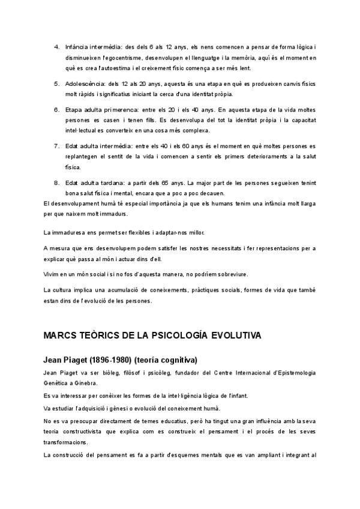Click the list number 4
click(x=56, y=46)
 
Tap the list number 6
click(x=56, y=110)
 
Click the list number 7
click(x=56, y=146)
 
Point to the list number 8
click(x=56, y=182)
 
